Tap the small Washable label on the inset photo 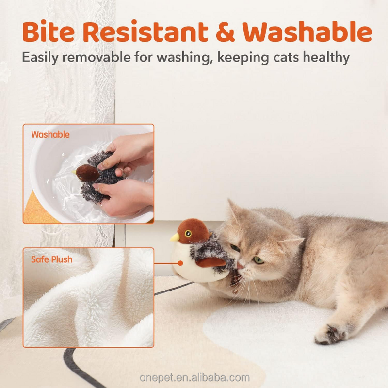50,135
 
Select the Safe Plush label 51,259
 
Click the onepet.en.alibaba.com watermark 194,377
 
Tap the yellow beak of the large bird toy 175,237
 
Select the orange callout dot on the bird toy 180,264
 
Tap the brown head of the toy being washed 87,172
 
